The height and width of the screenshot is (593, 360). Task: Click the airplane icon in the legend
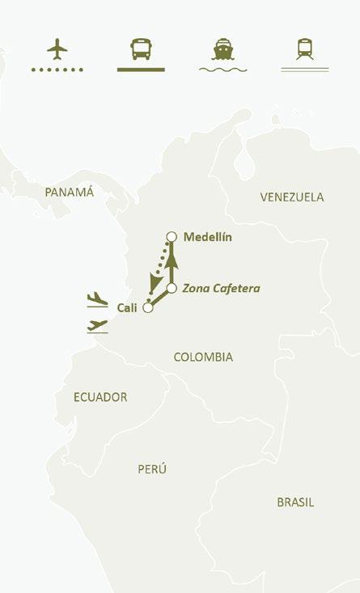click(x=57, y=49)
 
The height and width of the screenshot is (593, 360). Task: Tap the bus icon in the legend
click(x=141, y=49)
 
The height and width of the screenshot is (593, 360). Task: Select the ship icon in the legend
click(x=222, y=49)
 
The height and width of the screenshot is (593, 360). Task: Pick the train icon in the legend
click(x=305, y=49)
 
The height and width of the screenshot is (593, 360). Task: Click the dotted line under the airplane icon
click(x=57, y=70)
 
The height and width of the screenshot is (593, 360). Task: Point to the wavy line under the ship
click(x=222, y=70)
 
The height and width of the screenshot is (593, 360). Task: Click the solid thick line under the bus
click(x=141, y=70)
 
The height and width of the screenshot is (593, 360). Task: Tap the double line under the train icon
click(x=305, y=70)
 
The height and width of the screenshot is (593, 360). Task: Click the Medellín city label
click(x=208, y=237)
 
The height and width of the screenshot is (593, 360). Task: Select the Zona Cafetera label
click(x=221, y=288)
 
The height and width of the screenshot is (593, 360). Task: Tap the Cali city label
click(x=127, y=307)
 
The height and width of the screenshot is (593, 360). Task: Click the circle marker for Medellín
click(x=171, y=236)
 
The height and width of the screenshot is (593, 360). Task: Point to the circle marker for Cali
click(x=147, y=307)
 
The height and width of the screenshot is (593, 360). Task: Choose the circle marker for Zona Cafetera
click(x=172, y=288)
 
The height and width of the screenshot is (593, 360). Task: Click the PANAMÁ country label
click(x=70, y=193)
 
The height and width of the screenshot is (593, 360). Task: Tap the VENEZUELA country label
click(x=292, y=197)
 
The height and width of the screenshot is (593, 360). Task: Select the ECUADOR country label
click(x=100, y=397)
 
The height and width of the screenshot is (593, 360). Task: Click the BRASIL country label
click(x=295, y=502)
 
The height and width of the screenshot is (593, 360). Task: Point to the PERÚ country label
click(x=151, y=469)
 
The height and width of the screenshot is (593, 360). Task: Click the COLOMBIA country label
click(x=203, y=357)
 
